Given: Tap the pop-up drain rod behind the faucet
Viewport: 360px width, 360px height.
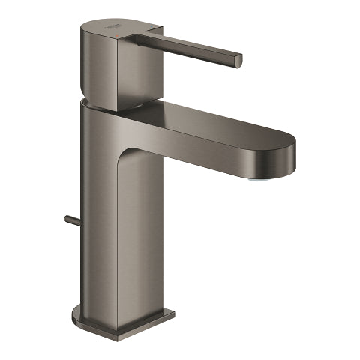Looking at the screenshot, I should (x=71, y=222).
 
